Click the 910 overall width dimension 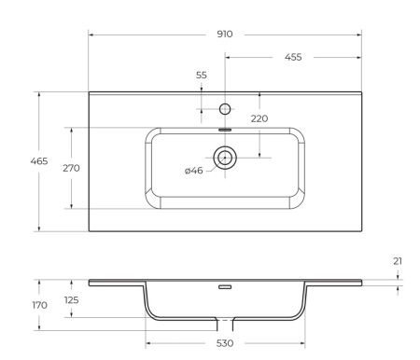point(224,35)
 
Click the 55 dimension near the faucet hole point(201,76)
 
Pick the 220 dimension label point(259,118)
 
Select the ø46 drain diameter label point(194,170)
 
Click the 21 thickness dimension point(398,261)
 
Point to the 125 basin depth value point(71,300)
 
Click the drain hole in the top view point(224,157)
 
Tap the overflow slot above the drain point(224,131)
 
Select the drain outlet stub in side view point(224,324)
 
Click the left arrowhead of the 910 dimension point(91,35)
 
